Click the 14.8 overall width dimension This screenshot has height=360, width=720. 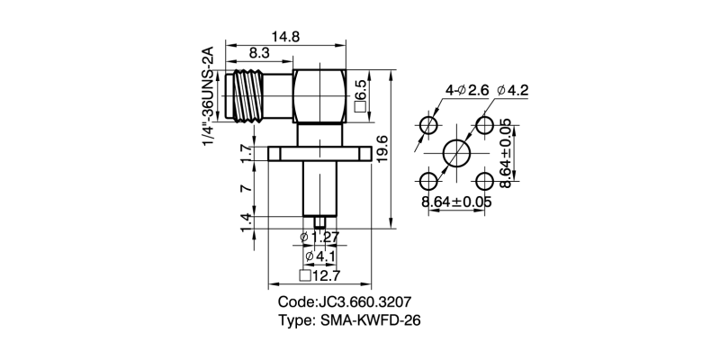point(286,36)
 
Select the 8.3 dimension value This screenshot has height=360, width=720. point(257,55)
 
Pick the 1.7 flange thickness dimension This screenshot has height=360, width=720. point(246,154)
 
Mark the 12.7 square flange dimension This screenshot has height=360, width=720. point(319,275)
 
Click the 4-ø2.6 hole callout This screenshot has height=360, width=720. point(466,90)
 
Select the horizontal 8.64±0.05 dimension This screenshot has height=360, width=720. point(456,202)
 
